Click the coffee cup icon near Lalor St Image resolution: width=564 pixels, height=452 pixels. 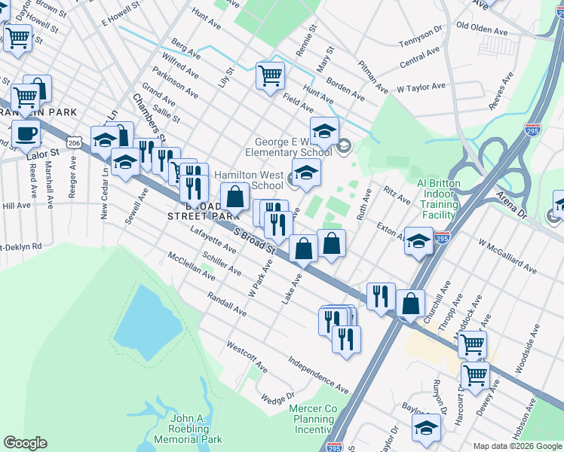point(26,134)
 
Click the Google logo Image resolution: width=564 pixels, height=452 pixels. point(25,443)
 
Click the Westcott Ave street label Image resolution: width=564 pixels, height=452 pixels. point(247,356)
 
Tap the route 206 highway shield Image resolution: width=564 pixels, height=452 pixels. point(73,142)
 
